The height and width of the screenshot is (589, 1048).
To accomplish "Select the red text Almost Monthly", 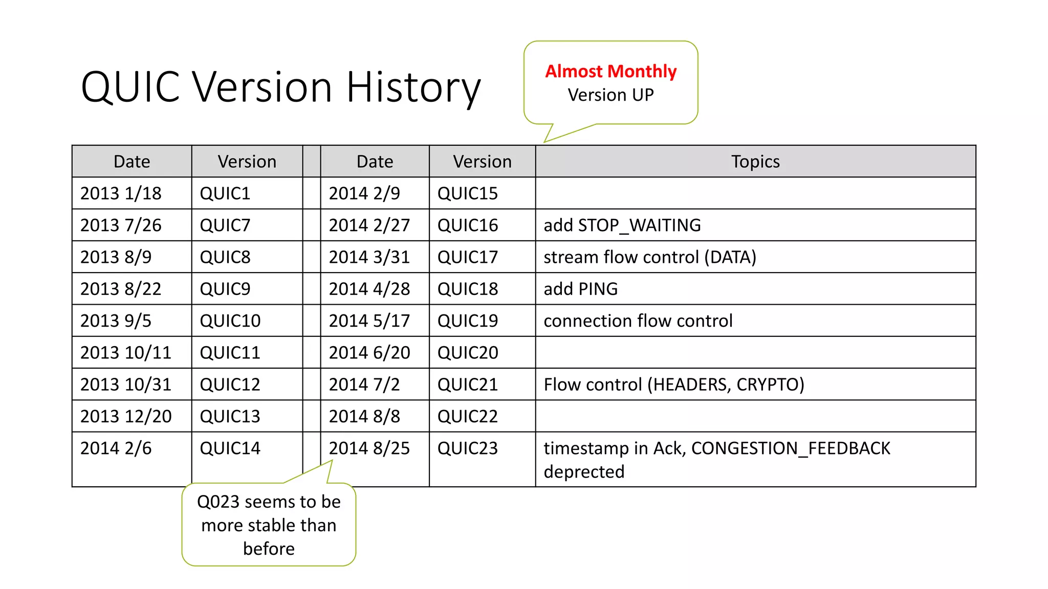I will click(x=610, y=72).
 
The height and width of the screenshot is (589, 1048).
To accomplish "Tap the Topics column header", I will click(x=755, y=162).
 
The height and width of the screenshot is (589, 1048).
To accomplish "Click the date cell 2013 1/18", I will click(x=121, y=193).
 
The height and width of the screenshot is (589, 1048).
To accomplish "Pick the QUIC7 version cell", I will click(x=225, y=225).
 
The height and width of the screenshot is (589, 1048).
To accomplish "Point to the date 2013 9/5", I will click(x=116, y=321).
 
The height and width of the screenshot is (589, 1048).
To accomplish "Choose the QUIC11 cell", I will click(x=230, y=352).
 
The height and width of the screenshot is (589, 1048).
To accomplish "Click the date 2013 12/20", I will click(x=126, y=416).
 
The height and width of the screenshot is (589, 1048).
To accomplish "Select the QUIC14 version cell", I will click(x=230, y=448).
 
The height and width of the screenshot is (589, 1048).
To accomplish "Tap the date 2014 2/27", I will click(x=369, y=225).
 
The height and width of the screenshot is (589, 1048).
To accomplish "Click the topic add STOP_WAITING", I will click(x=622, y=225).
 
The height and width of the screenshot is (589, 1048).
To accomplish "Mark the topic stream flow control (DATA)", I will click(x=649, y=257).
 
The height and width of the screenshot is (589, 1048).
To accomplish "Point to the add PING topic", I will click(x=580, y=289).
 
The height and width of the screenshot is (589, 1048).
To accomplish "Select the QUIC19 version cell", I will click(x=467, y=321).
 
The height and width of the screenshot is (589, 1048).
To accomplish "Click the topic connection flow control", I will click(x=638, y=321).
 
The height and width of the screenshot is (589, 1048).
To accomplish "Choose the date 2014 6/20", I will click(x=369, y=352).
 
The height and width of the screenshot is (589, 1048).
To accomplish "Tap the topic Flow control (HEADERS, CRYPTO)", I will click(x=673, y=384).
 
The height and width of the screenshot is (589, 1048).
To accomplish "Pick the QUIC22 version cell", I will click(x=467, y=416).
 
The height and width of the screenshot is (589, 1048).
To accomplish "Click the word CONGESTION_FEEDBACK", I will click(x=790, y=448).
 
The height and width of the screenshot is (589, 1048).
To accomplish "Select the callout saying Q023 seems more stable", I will click(x=269, y=525).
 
